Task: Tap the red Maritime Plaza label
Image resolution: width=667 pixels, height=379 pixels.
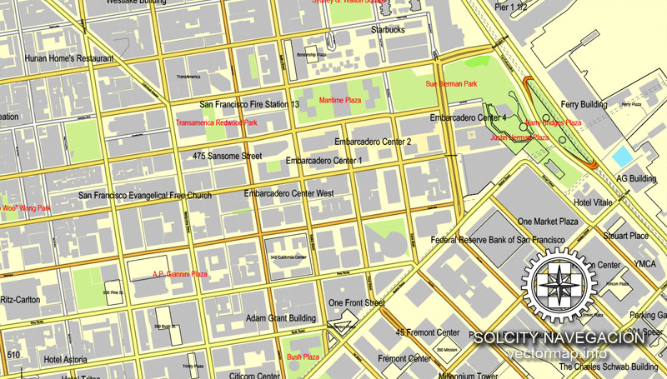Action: click(x=340, y=100)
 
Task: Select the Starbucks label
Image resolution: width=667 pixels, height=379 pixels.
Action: click(x=388, y=30)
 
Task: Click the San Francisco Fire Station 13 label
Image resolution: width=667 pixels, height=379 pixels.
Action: click(x=249, y=105)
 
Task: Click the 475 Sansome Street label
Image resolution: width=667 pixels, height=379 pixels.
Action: click(x=227, y=156)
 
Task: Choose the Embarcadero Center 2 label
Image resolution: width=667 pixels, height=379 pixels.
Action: click(x=373, y=142)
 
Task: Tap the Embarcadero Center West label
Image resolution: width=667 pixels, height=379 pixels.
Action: click(x=288, y=194)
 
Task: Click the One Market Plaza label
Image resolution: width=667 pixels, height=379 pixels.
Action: click(x=548, y=222)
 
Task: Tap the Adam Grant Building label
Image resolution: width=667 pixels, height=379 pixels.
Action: click(x=280, y=318)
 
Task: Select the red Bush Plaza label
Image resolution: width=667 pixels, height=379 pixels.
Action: click(x=303, y=357)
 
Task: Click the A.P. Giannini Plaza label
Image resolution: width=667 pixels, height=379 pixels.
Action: click(x=179, y=273)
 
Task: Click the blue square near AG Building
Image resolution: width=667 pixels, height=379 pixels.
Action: click(x=622, y=156)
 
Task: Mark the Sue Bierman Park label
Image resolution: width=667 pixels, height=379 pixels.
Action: click(x=451, y=84)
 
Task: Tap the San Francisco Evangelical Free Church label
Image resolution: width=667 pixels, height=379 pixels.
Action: click(x=145, y=196)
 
